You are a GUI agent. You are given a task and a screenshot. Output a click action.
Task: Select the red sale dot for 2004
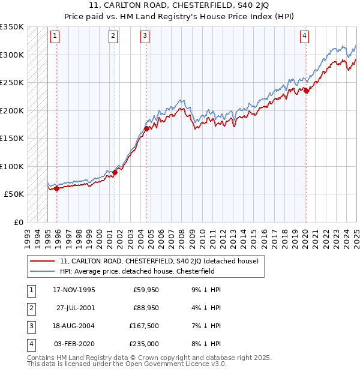coord(146,128)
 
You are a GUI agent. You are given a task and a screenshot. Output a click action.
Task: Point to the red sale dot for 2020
coord(306,91)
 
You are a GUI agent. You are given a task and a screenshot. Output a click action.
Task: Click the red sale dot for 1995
coord(57,188)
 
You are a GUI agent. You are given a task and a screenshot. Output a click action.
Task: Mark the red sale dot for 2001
coord(115,172)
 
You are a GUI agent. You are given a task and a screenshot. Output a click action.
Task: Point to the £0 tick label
coord(17,222)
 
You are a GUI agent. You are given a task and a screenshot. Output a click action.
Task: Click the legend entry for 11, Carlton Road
coord(159,261)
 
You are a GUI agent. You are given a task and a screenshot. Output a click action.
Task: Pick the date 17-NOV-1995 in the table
coord(74,290)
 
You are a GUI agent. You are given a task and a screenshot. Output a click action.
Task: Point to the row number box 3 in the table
coord(29,326)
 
